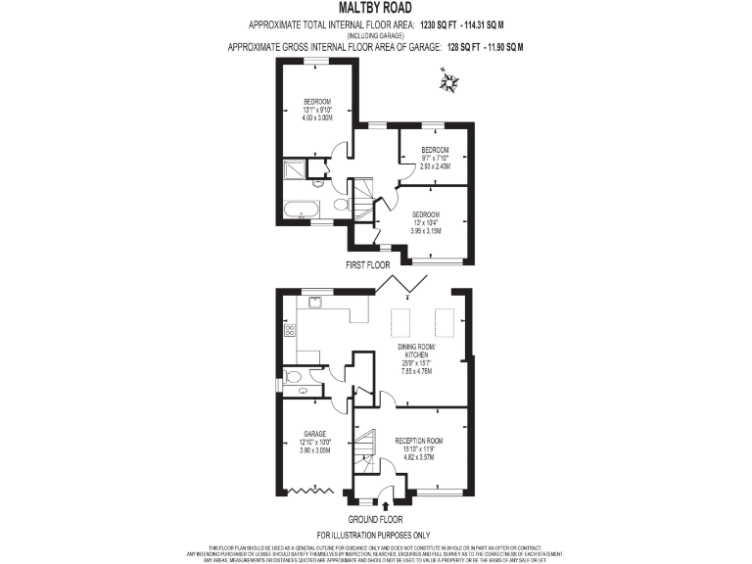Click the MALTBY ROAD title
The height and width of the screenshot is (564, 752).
(376, 8)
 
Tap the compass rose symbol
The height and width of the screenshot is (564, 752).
(450, 83)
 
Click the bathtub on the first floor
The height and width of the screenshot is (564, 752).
(299, 208)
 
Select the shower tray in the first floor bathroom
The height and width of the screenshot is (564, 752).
(293, 171)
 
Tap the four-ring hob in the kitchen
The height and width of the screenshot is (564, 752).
(290, 331)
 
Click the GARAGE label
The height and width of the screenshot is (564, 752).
(314, 434)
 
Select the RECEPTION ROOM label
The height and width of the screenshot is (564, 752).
(419, 441)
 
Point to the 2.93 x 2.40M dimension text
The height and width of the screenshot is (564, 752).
(434, 166)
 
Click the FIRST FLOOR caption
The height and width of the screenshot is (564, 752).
(368, 265)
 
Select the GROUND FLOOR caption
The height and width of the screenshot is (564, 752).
(376, 519)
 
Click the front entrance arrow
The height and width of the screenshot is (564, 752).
(384, 506)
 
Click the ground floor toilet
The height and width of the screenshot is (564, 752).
(293, 376)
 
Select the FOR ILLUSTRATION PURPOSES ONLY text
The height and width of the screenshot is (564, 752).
(375, 535)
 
